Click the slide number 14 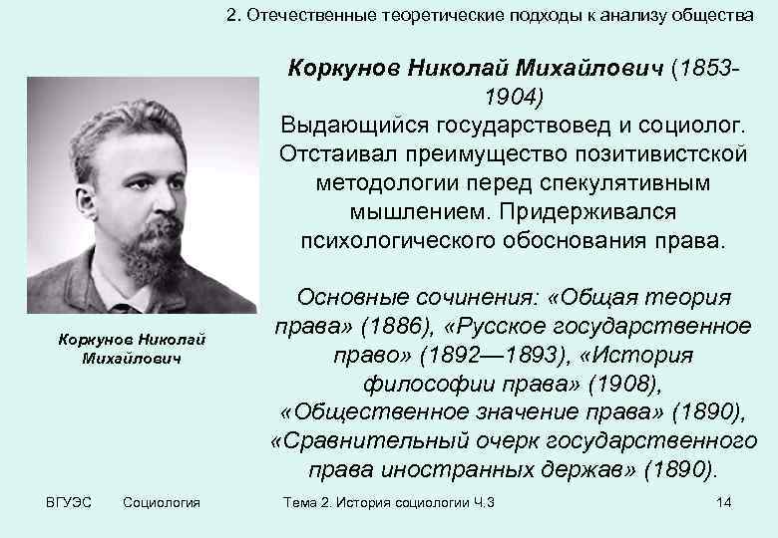724,502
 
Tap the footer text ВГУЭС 68,502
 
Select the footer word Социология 161,502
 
